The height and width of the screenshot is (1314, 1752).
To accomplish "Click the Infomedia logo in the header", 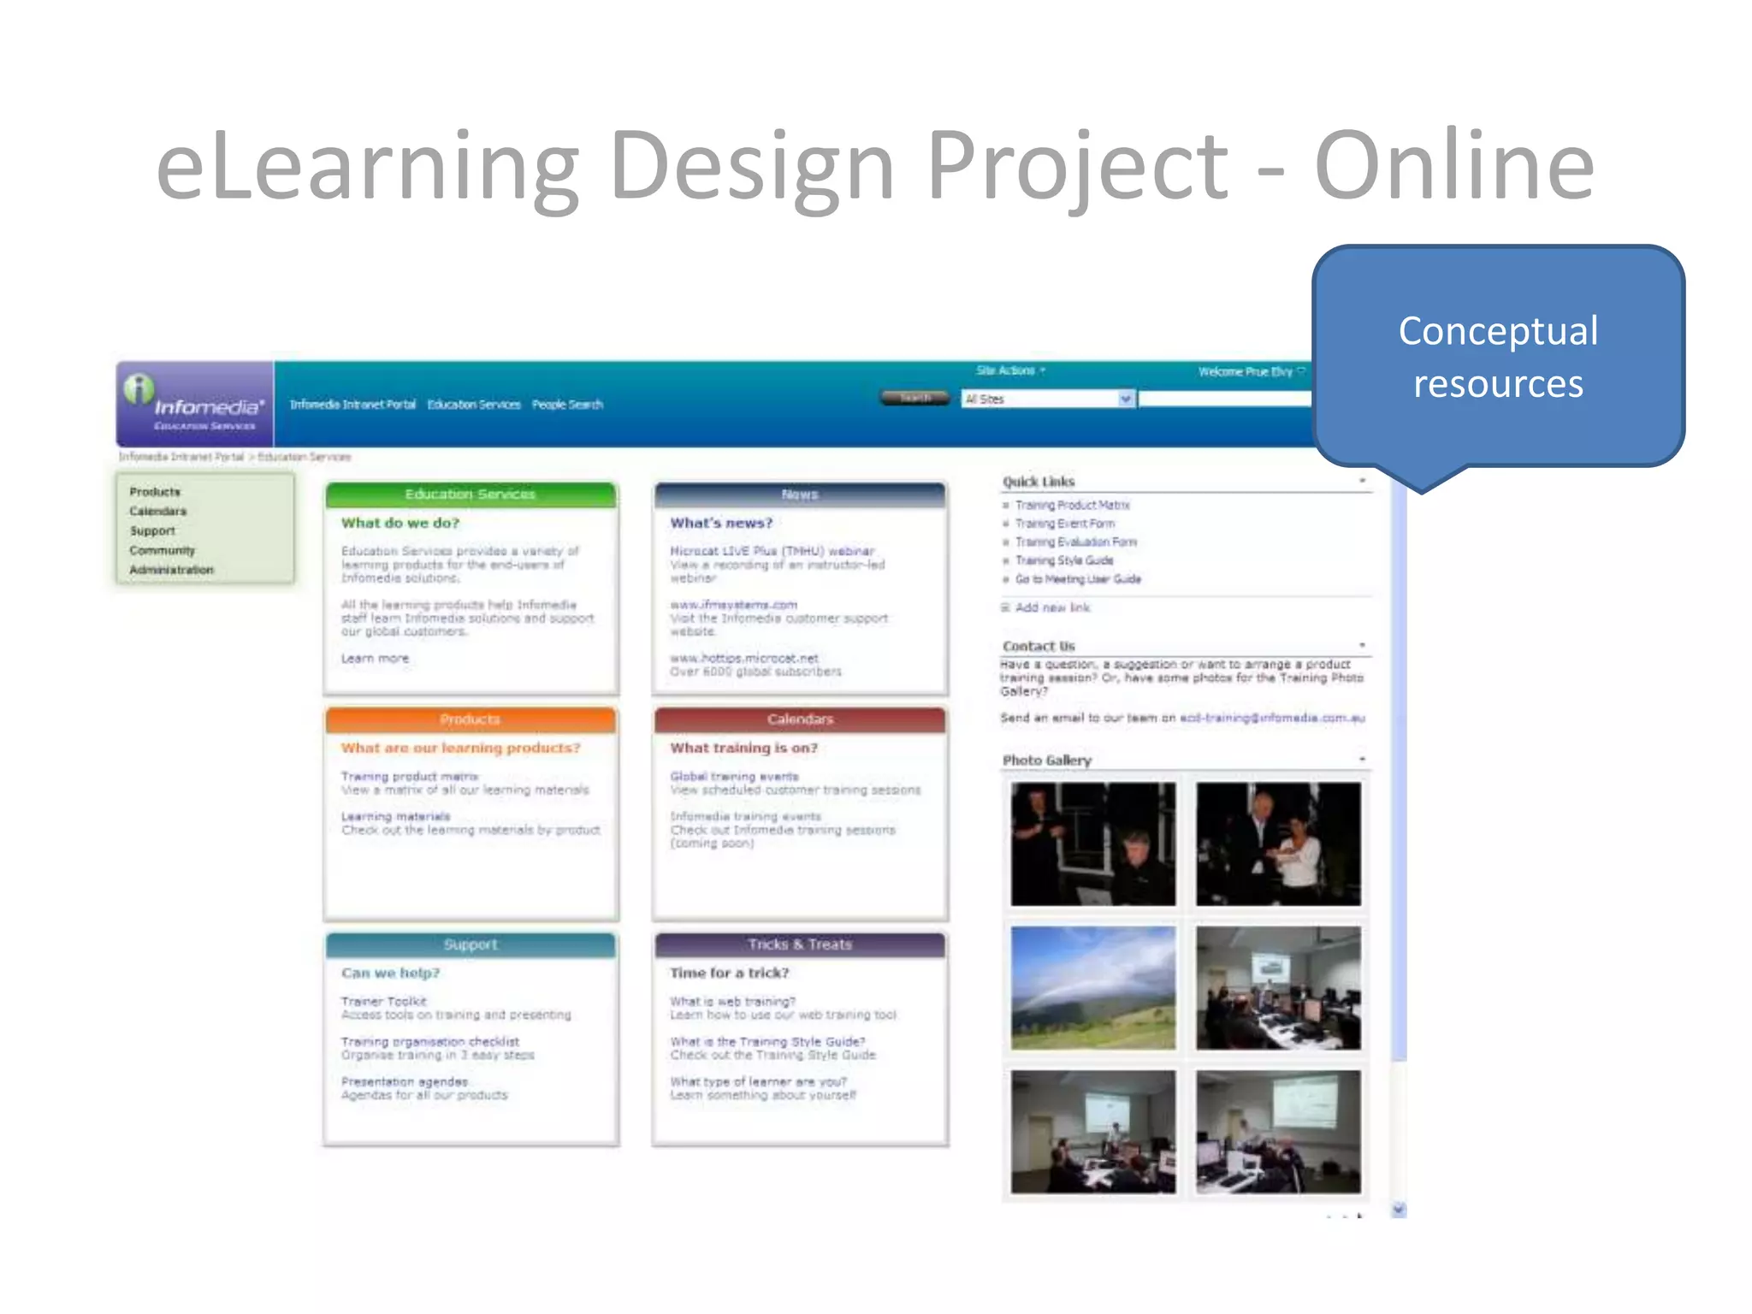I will pyautogui.click(x=195, y=403).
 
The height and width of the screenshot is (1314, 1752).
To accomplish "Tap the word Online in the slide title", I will pyautogui.click(x=1453, y=166).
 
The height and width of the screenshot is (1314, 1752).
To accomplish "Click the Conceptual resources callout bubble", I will pyautogui.click(x=1498, y=357).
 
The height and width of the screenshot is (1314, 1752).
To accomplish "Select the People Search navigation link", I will pyautogui.click(x=567, y=405).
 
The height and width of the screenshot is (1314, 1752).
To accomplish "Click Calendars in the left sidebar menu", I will pyautogui.click(x=158, y=512).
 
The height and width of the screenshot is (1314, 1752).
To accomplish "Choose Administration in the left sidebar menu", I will pyautogui.click(x=171, y=570).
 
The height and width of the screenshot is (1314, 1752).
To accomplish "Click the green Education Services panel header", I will pyautogui.click(x=470, y=494).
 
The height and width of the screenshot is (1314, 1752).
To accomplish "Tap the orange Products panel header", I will pyautogui.click(x=470, y=719).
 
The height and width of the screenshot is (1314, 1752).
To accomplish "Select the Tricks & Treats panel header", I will pyautogui.click(x=800, y=944).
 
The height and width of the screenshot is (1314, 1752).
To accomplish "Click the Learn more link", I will pyautogui.click(x=375, y=659).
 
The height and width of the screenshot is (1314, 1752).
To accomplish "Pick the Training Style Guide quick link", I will pyautogui.click(x=1063, y=560).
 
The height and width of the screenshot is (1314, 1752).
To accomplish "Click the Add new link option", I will pyautogui.click(x=1051, y=607).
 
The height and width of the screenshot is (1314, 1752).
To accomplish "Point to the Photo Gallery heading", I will pyautogui.click(x=1047, y=760).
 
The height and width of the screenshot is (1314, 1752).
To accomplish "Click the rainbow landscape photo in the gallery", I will pyautogui.click(x=1092, y=987).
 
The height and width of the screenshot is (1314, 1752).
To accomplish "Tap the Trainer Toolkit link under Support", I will pyautogui.click(x=383, y=1001).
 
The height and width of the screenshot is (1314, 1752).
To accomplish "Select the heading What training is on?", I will pyautogui.click(x=743, y=748).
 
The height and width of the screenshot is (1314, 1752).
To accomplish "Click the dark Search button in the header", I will pyautogui.click(x=914, y=398).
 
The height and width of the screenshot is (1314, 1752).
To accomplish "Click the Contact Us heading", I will pyautogui.click(x=1039, y=646).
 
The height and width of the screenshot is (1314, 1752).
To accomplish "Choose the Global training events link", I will pyautogui.click(x=734, y=776).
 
